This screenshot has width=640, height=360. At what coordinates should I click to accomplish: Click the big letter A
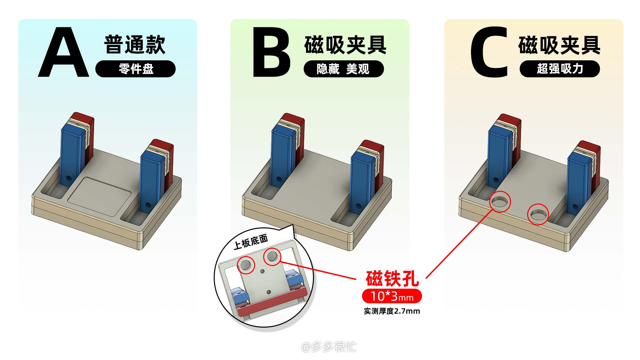tap(63, 52)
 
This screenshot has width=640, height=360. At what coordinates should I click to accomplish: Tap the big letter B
tap(271, 52)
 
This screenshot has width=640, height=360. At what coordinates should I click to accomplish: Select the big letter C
tap(489, 52)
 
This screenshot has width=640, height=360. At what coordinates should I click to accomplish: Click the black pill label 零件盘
tap(135, 69)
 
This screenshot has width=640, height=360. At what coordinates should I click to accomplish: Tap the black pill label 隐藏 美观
tap(344, 69)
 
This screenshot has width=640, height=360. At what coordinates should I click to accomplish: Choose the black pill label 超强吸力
tap(560, 69)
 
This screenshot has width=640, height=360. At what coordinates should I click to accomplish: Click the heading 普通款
tap(135, 44)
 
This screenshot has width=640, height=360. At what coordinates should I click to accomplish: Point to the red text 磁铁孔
tap(392, 279)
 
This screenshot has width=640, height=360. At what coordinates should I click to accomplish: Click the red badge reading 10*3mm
tap(392, 296)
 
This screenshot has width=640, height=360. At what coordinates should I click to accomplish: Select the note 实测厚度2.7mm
tap(392, 311)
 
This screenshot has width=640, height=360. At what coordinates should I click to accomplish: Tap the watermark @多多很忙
tap(329, 347)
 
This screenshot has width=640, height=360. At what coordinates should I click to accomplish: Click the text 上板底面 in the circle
tap(251, 242)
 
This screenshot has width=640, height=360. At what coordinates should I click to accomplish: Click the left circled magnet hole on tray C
tap(500, 202)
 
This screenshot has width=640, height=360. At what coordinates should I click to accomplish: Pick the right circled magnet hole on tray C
tap(538, 214)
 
